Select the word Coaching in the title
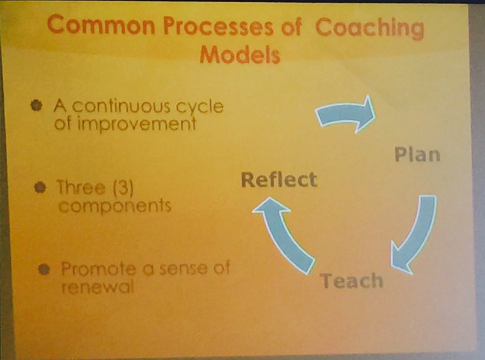(x=369, y=29)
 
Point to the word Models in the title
(x=240, y=56)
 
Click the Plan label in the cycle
(x=417, y=155)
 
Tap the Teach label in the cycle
(x=351, y=281)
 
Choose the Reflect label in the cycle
(x=278, y=180)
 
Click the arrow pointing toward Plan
(x=346, y=114)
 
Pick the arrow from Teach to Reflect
(x=284, y=232)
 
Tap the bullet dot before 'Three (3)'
(x=41, y=188)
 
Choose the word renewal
(x=97, y=287)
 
